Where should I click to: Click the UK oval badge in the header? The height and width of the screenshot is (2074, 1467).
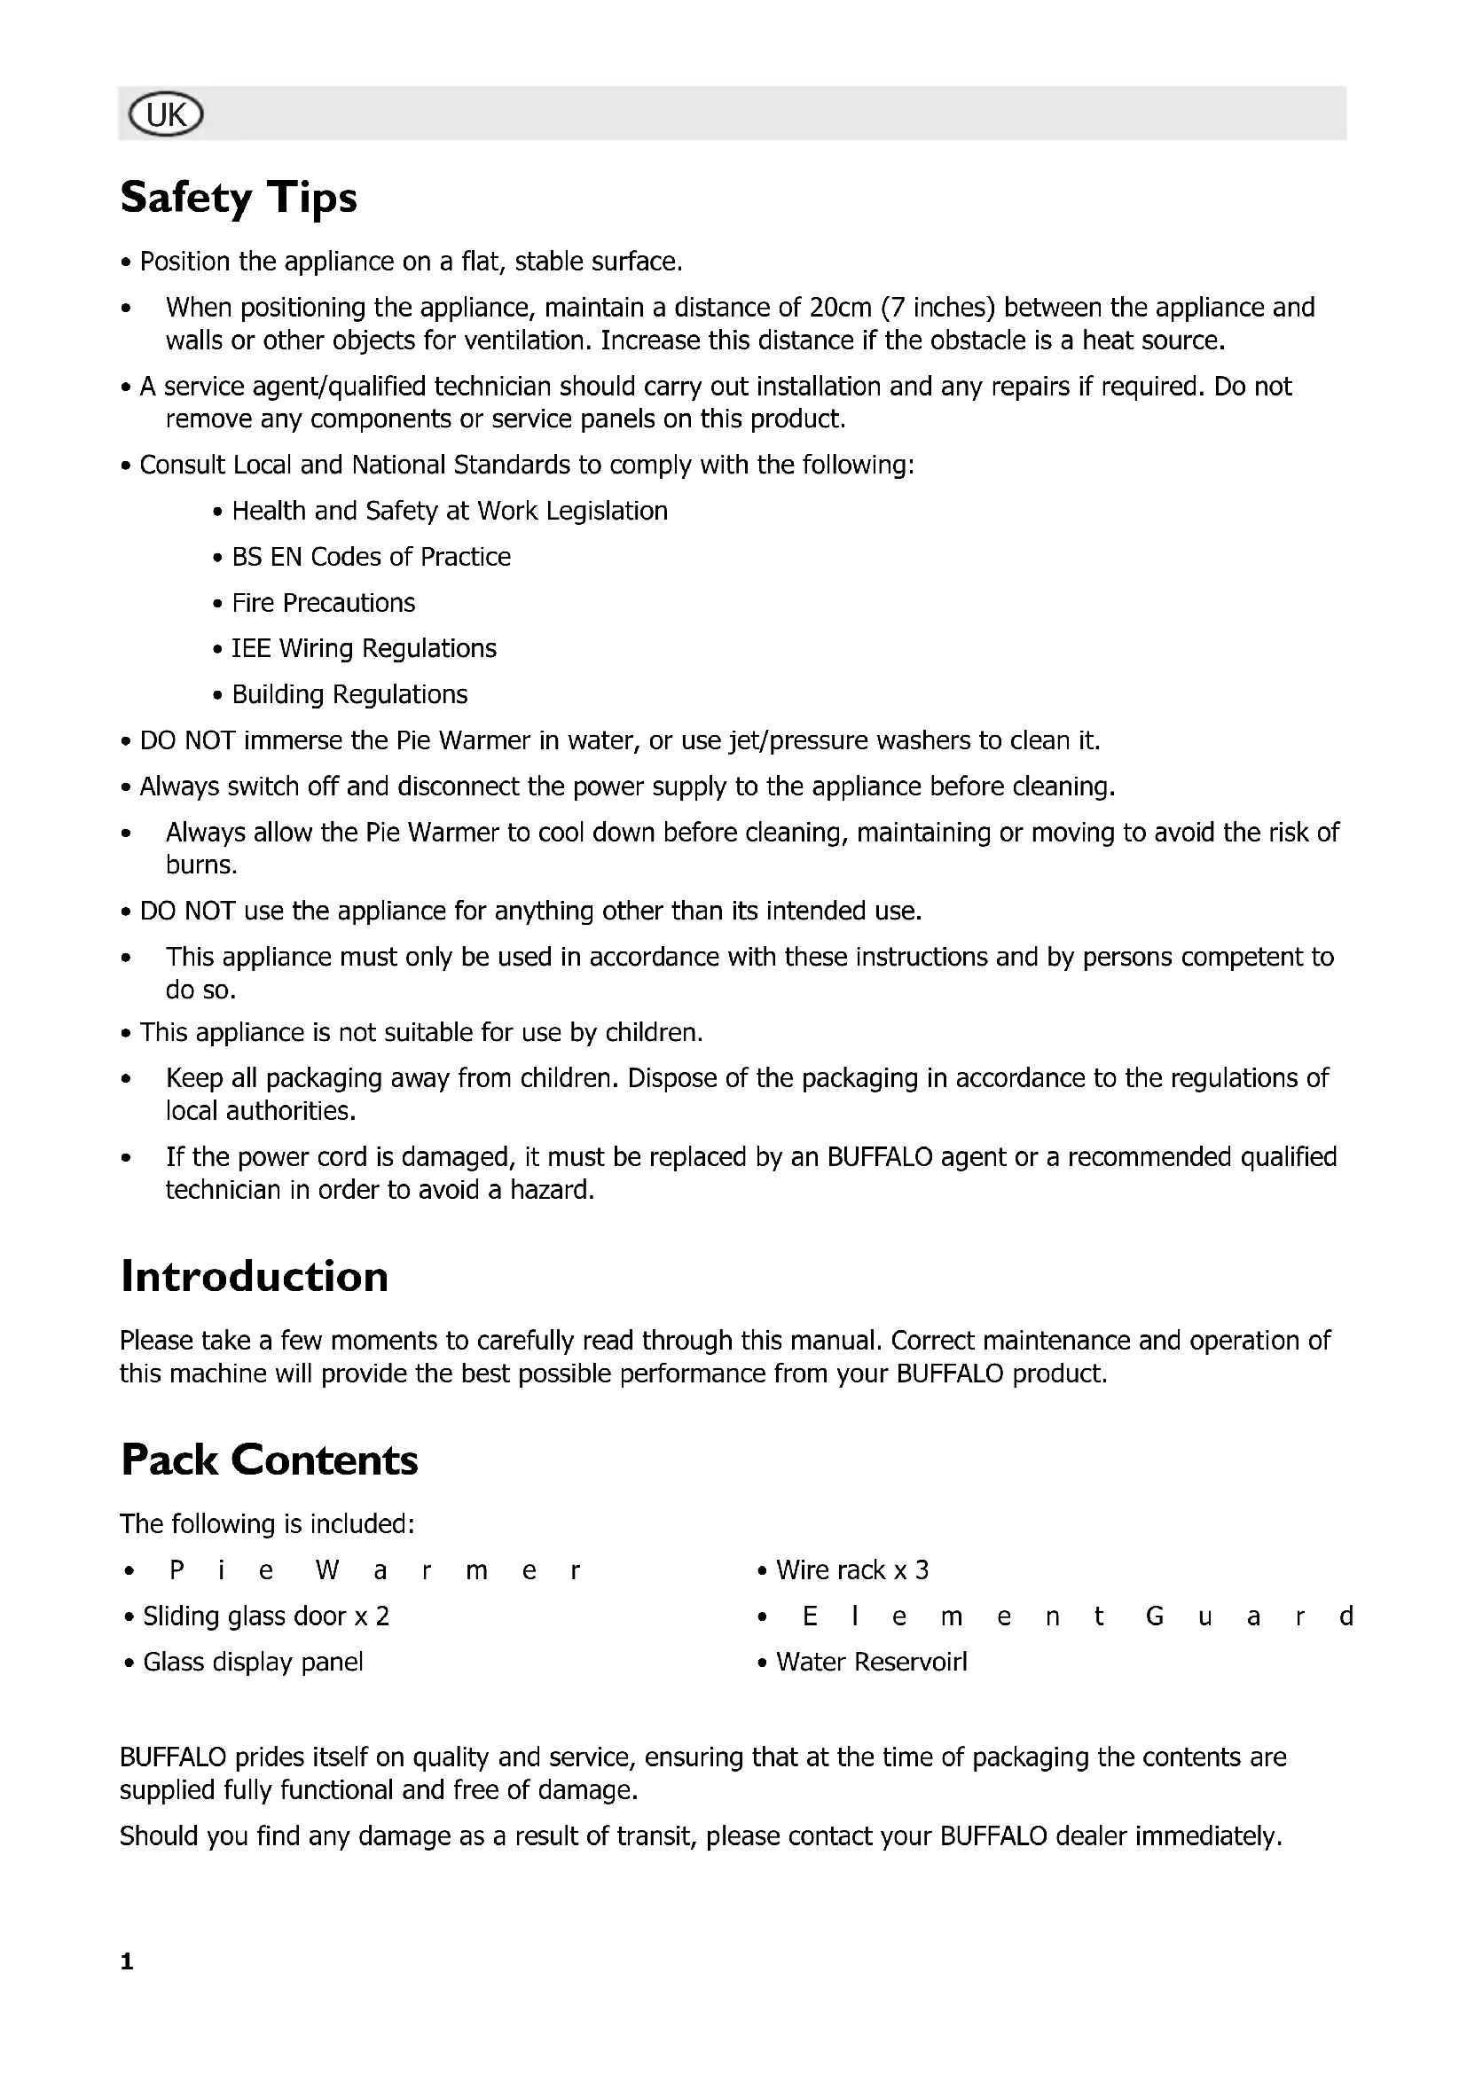click(166, 114)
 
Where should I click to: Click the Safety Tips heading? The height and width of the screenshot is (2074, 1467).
click(239, 197)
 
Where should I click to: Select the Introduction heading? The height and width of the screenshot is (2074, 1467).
click(254, 1276)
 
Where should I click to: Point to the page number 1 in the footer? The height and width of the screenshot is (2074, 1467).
click(127, 1961)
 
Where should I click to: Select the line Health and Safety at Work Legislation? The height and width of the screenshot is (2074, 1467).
click(449, 512)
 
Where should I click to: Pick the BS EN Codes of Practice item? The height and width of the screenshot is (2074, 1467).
click(371, 558)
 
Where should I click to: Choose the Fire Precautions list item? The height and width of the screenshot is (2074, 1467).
click(323, 604)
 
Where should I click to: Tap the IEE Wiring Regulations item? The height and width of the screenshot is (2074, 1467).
click(363, 648)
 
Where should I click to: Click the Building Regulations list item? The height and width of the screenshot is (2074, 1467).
click(349, 694)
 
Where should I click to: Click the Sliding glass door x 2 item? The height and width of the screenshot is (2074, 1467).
click(265, 1616)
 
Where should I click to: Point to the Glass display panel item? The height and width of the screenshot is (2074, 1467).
click(253, 1662)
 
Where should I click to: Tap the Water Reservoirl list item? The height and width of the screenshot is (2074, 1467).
click(871, 1662)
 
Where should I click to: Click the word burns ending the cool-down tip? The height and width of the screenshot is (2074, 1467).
click(200, 865)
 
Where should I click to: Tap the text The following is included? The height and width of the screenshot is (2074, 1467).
click(267, 1524)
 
